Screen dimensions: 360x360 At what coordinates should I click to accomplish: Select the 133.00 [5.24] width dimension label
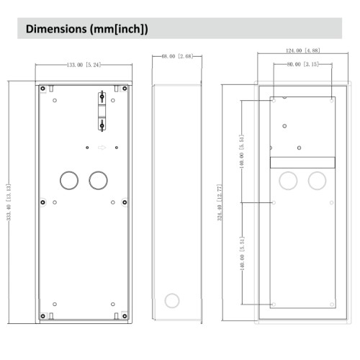[x=84, y=65]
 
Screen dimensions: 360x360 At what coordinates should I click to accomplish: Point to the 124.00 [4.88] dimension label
[x=302, y=51]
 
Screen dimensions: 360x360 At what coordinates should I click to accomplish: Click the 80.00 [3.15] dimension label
[x=302, y=65]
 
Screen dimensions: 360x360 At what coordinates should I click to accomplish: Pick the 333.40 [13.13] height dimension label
[x=9, y=203]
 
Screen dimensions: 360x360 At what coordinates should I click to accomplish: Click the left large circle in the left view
[x=69, y=179]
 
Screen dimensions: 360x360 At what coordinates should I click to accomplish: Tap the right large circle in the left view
[x=97, y=179]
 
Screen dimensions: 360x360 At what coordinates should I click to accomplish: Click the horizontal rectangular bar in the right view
[x=302, y=163]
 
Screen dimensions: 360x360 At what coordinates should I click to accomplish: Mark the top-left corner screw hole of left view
[x=44, y=89]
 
